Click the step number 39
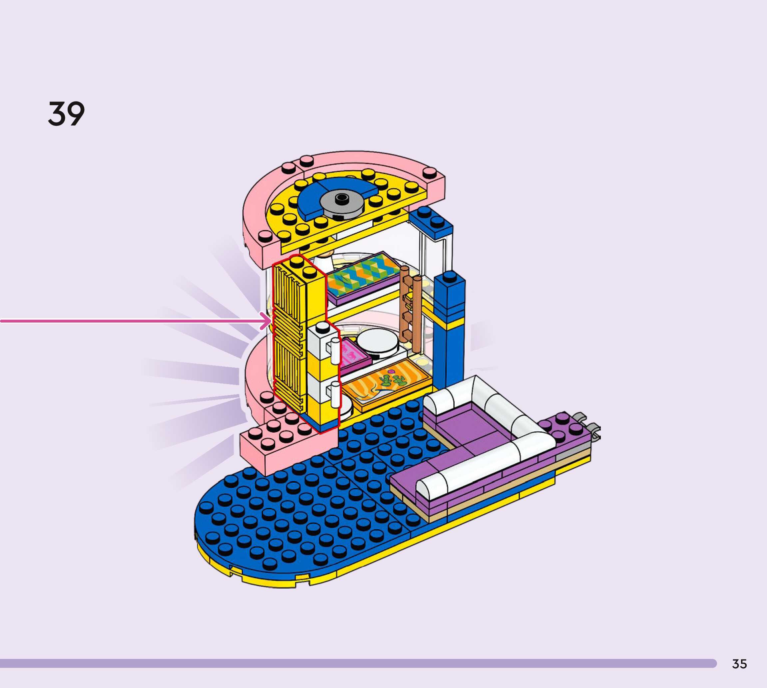point(67,114)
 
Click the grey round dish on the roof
point(342,203)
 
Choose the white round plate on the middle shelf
point(377,342)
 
